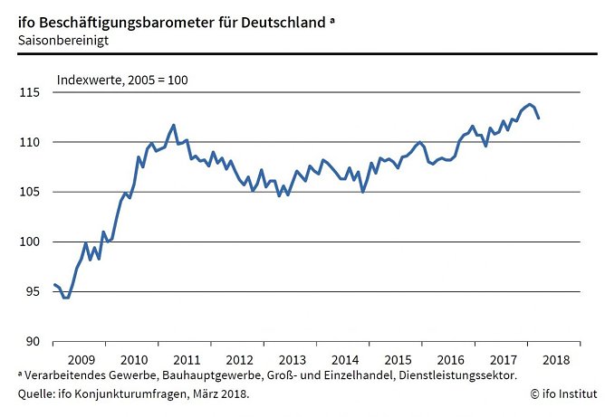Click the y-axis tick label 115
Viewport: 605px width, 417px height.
(x=32, y=92)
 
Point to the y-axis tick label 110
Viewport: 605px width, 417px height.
(x=32, y=142)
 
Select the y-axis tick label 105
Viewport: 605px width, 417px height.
(x=32, y=192)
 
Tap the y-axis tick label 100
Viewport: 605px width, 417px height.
(x=32, y=242)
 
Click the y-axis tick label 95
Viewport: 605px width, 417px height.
(x=34, y=291)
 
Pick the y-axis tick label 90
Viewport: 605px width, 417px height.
(x=34, y=341)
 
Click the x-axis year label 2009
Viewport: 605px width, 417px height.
(x=80, y=359)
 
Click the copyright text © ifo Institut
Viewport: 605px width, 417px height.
(x=563, y=393)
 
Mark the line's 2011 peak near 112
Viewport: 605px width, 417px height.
(x=174, y=125)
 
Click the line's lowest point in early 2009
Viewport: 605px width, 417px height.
(x=65, y=298)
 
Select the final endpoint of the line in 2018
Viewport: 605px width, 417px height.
(x=539, y=118)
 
